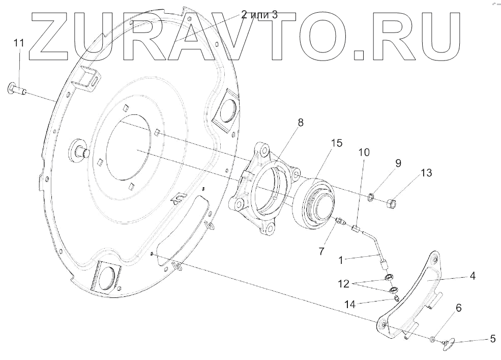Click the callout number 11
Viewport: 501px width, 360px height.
tap(19, 43)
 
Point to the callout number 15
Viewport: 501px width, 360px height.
tap(336, 144)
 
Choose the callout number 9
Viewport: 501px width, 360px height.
tap(398, 163)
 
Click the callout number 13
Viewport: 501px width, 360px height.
tap(426, 173)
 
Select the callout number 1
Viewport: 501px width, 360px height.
tap(344, 260)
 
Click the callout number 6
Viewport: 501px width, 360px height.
tap(458, 308)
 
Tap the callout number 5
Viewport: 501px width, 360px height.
tap(492, 338)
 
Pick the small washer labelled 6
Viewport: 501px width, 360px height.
tap(432, 339)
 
